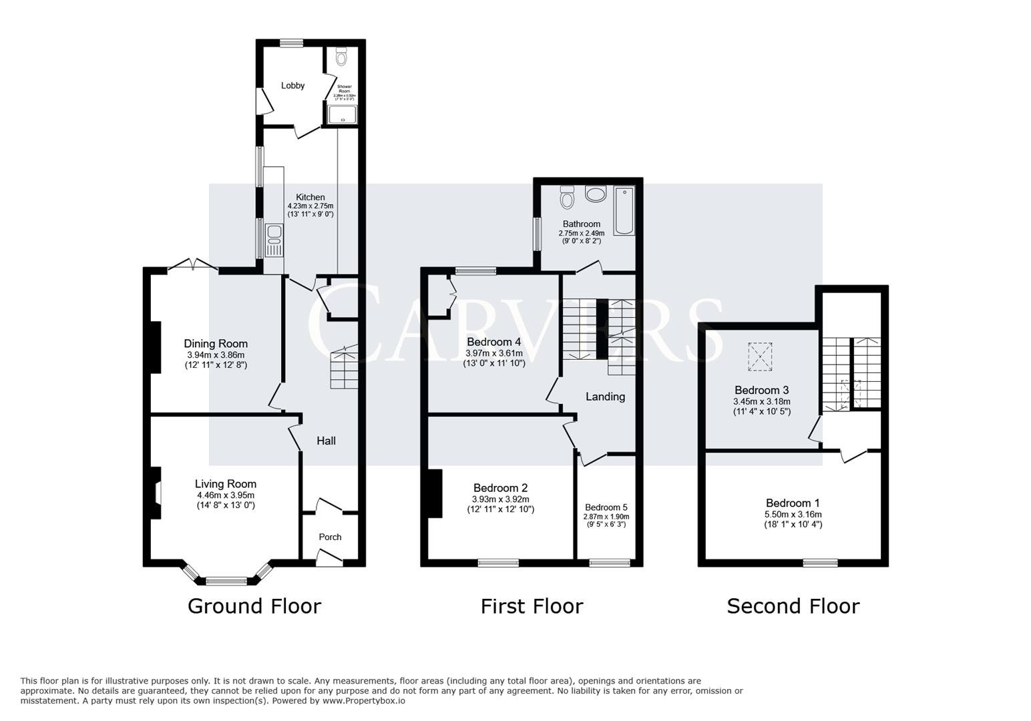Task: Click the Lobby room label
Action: coord(292,85)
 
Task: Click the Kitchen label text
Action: coord(311,197)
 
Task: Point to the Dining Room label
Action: coord(216,344)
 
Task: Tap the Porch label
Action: coord(330,537)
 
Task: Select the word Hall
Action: coord(326,441)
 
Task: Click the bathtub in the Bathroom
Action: coord(624,210)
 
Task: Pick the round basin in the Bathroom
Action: coord(594,194)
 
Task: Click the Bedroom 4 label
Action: coord(493,342)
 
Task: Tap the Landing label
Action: coord(605,397)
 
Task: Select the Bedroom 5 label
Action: coord(606,507)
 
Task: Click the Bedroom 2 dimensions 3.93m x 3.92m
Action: coord(500,499)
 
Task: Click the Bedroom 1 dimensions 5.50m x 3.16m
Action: coord(793,515)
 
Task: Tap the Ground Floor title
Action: coord(254,606)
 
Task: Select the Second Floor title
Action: coord(793,606)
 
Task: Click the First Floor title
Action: coord(532,606)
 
